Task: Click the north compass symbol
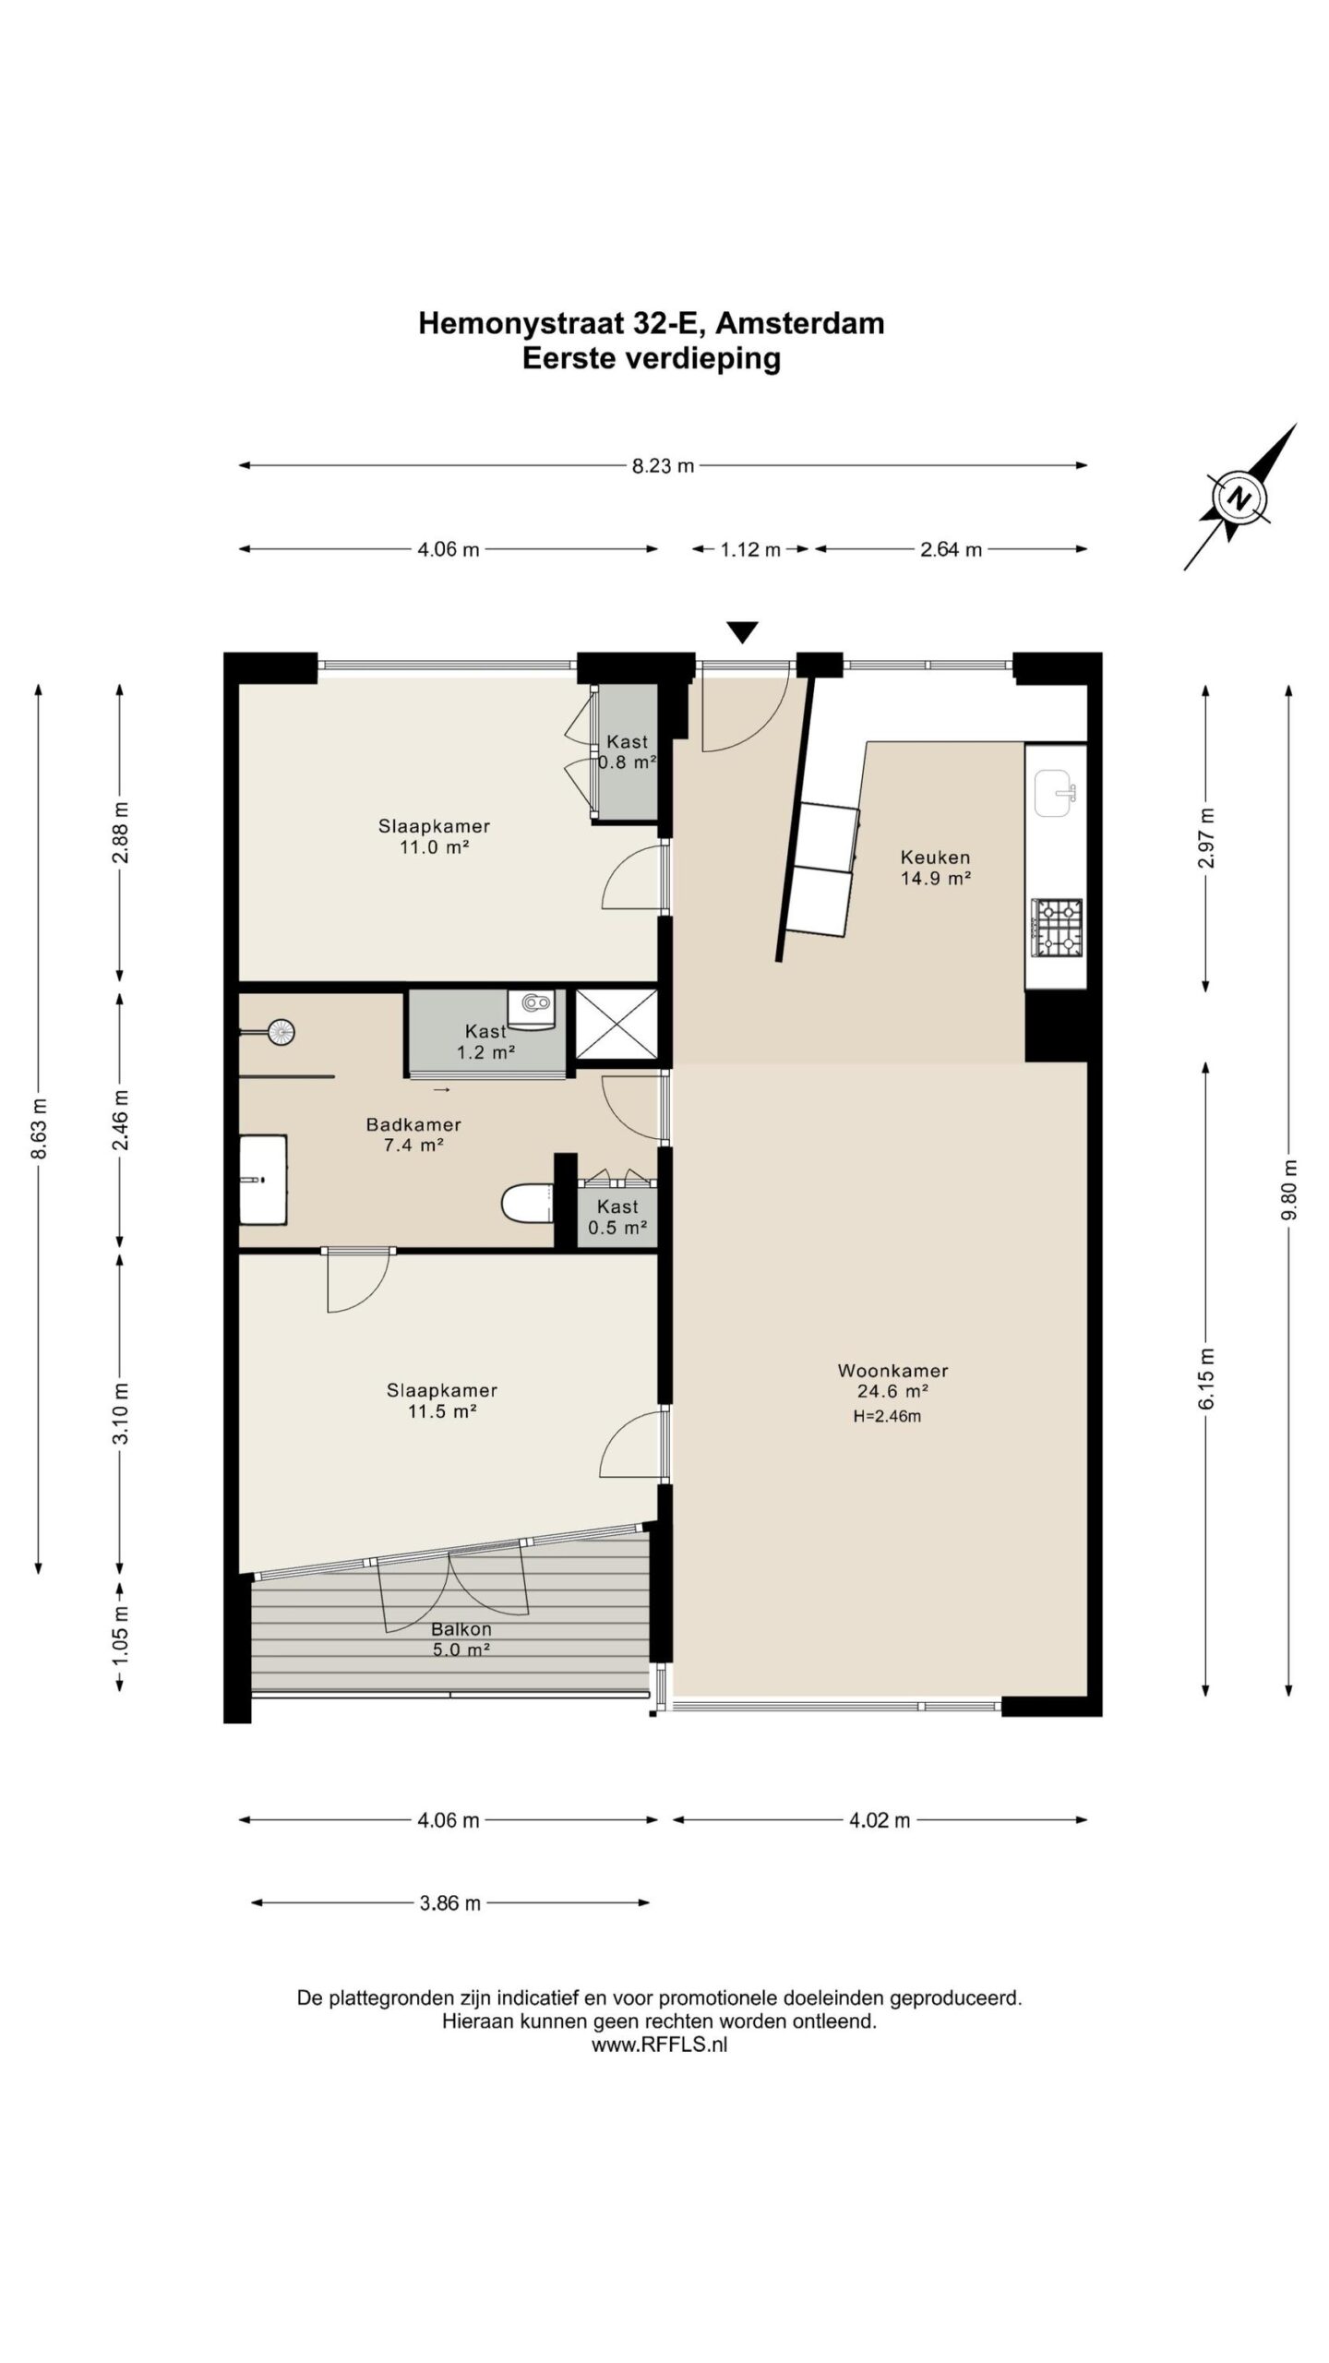(x=1239, y=498)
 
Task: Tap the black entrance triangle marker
(x=742, y=632)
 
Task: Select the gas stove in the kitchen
(x=1057, y=927)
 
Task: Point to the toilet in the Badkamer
(x=526, y=1203)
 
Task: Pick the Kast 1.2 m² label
(x=485, y=1040)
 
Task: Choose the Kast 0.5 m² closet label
(x=617, y=1217)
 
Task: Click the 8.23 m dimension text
(x=663, y=466)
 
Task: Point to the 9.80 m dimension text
(x=1289, y=1190)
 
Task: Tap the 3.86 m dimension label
(x=450, y=1902)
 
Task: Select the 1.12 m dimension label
(x=750, y=549)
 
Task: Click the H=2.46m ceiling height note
(x=887, y=1416)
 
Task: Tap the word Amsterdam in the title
(x=800, y=323)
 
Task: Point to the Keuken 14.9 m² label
(x=935, y=868)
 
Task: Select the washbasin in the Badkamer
(x=264, y=1180)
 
